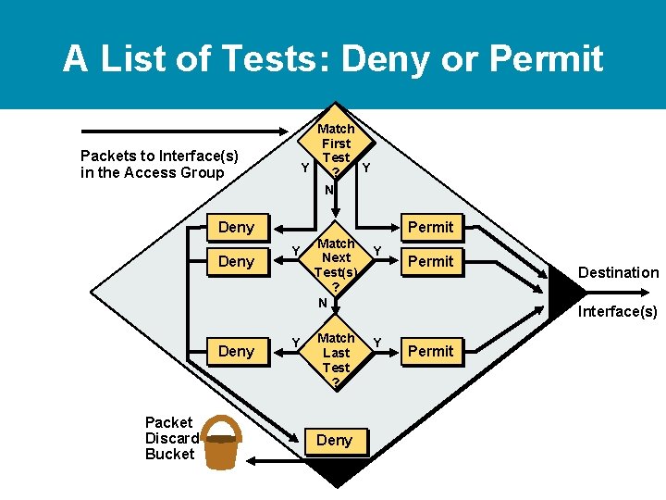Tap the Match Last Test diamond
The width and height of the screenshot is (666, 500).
point(336,356)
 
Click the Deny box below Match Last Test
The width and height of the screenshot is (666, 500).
point(334,441)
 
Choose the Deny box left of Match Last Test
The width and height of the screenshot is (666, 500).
point(236,351)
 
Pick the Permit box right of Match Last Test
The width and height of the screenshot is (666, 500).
point(431,351)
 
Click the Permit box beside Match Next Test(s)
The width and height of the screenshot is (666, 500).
point(431,261)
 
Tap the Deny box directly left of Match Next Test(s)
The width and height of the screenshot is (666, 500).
point(236,261)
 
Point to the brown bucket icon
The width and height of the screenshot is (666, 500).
point(221,443)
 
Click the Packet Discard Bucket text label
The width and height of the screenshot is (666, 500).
point(171,438)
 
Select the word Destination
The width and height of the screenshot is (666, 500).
point(618,272)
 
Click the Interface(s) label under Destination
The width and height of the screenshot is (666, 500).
point(618,311)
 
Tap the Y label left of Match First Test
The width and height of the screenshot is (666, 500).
point(305,168)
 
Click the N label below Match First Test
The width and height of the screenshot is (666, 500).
point(328,189)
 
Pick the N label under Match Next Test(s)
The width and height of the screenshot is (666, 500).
point(323,303)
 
